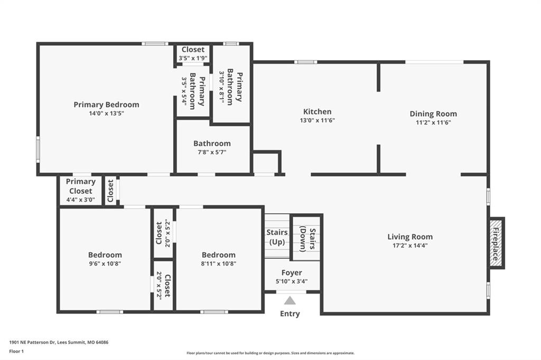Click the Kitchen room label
click(317, 112)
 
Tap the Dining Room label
click(433, 114)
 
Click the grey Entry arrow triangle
click(290, 301)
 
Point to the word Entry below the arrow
click(290, 314)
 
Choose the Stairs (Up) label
click(277, 237)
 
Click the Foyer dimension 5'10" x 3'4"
click(292, 281)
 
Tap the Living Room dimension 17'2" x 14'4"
click(410, 245)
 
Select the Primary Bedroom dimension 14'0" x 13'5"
click(106, 113)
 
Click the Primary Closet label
click(81, 186)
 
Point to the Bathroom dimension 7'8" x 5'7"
click(212, 152)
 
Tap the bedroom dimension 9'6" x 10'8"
click(105, 264)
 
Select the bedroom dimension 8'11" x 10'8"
click(218, 264)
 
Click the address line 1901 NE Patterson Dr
click(59, 343)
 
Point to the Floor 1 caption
click(16, 352)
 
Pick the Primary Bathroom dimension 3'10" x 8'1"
click(221, 87)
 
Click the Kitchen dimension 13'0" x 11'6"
click(318, 120)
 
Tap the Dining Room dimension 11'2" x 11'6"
click(433, 122)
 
